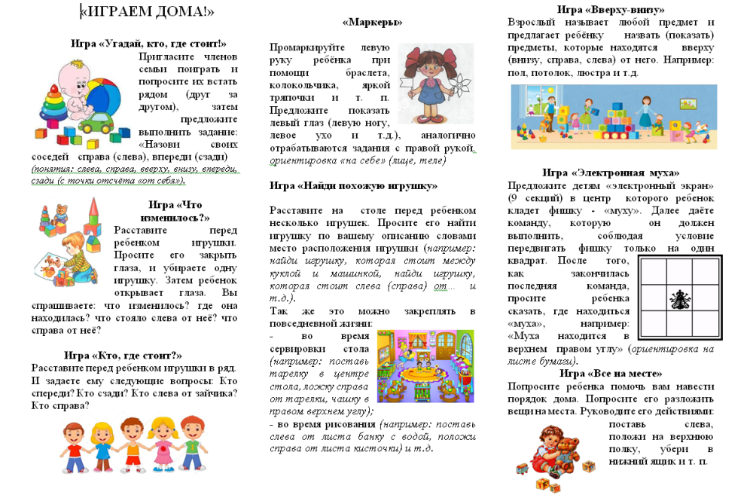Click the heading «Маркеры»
(372, 23)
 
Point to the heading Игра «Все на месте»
(611, 374)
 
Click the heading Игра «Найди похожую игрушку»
(353, 185)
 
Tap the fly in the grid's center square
(678, 299)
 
